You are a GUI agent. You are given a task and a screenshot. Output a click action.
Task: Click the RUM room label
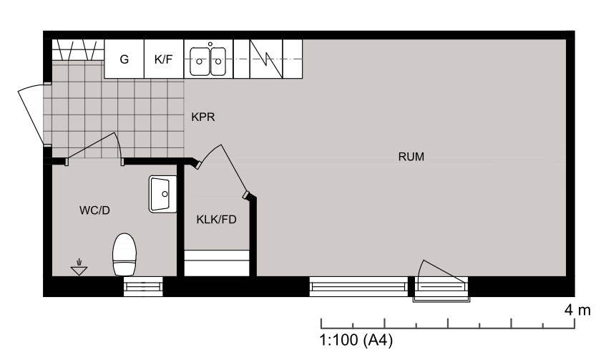[x=411, y=157]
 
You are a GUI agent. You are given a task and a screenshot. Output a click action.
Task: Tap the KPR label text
[x=203, y=117]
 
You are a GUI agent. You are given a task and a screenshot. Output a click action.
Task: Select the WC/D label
[x=94, y=210]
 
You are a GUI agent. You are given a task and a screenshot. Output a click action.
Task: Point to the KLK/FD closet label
[x=216, y=220]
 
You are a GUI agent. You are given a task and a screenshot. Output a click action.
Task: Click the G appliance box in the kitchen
[x=124, y=59]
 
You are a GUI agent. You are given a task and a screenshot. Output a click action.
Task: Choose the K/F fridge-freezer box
[x=164, y=59]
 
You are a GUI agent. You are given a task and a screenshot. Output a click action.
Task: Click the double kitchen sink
[x=208, y=61]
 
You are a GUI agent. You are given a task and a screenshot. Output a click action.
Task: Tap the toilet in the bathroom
[x=124, y=254]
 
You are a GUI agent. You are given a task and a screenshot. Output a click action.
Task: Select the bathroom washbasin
[x=162, y=194]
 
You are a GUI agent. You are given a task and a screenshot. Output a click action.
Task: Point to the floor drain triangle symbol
[x=79, y=268]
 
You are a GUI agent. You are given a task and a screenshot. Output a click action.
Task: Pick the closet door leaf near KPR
[x=233, y=169]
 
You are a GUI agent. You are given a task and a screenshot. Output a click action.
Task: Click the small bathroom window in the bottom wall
[x=143, y=286]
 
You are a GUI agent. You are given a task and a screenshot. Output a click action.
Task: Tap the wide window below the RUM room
[x=358, y=286]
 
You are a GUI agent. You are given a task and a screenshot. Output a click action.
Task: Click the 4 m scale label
[x=577, y=310]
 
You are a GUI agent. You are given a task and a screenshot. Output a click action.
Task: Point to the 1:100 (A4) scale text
[x=356, y=340]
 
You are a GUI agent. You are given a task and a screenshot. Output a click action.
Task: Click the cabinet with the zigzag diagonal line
[x=266, y=59]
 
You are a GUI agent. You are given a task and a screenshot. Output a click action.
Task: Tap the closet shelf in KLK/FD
[x=216, y=263]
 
